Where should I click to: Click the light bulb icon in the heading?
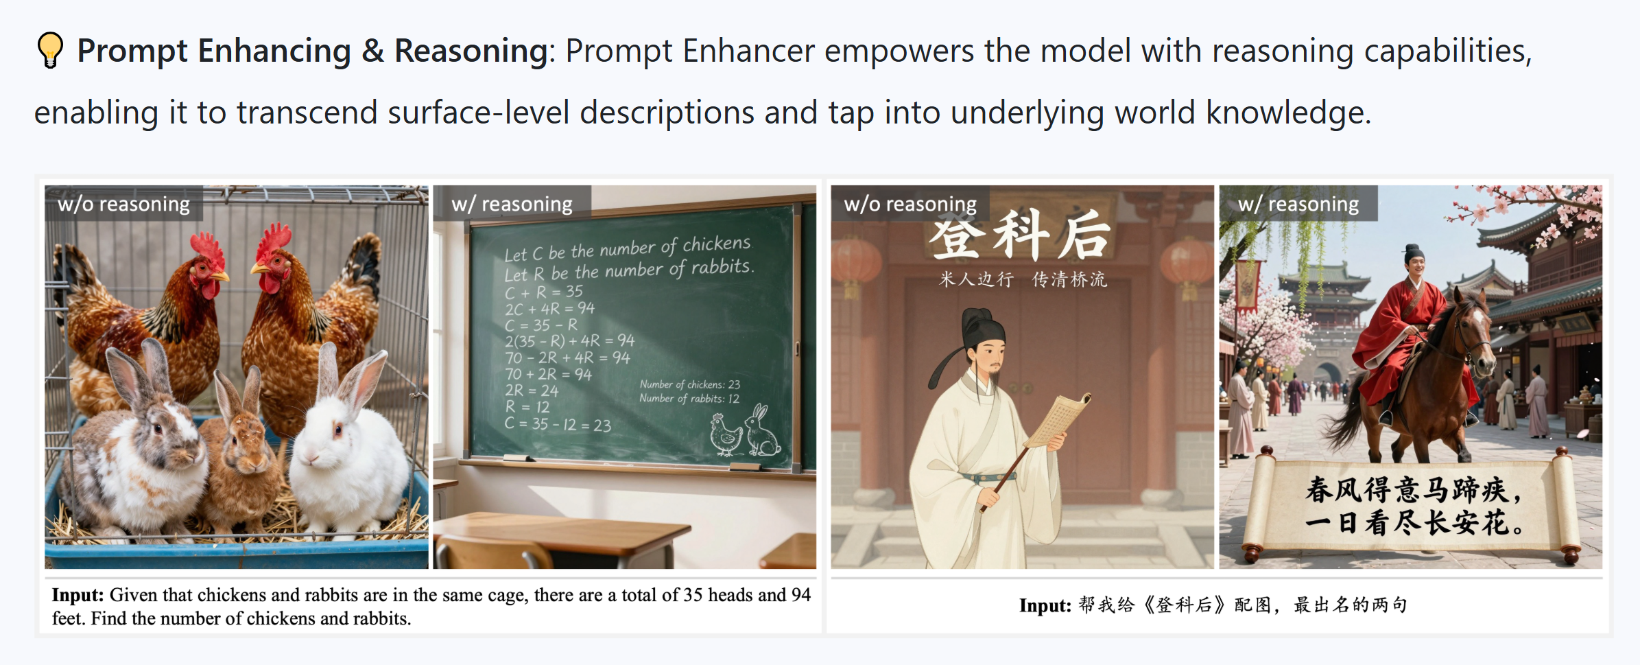[x=50, y=51]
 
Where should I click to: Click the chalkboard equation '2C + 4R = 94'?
[x=549, y=309]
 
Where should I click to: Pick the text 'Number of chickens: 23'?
[x=689, y=384]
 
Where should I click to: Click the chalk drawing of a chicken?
[x=726, y=436]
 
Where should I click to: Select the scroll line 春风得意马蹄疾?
[x=1413, y=490]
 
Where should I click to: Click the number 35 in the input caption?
[x=693, y=595]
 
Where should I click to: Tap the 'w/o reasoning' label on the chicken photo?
[x=124, y=204]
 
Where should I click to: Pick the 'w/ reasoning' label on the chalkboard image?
[x=512, y=204]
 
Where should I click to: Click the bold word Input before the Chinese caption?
[x=1045, y=605]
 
